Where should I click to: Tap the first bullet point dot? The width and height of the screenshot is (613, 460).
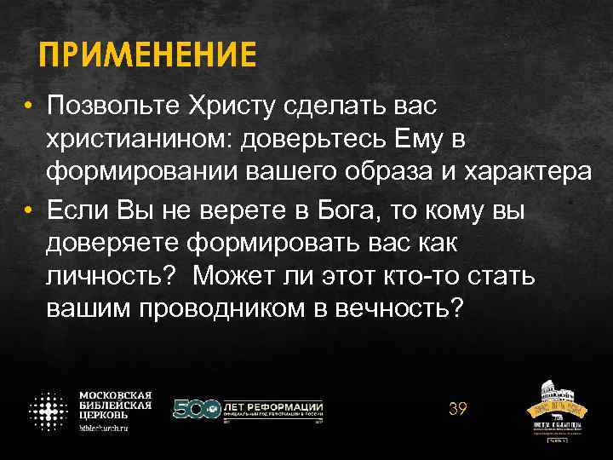click(x=28, y=109)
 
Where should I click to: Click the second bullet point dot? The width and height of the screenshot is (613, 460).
click(x=28, y=210)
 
